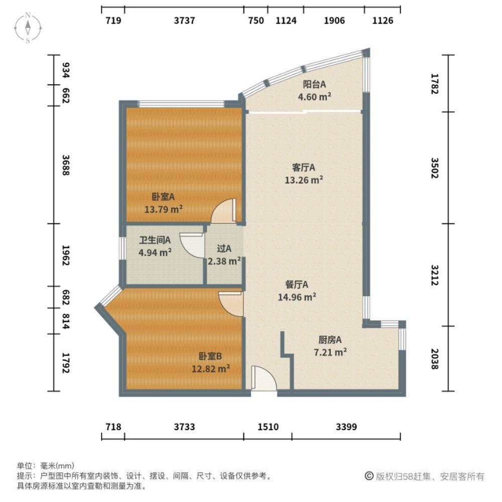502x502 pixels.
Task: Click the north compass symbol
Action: (29, 28)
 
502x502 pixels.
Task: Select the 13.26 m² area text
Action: (304, 180)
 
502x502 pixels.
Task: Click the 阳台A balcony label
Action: (314, 84)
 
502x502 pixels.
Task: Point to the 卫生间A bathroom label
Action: (155, 240)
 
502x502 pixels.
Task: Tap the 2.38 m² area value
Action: (224, 261)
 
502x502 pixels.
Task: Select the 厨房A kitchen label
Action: (330, 340)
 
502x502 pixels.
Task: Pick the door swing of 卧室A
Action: (223, 212)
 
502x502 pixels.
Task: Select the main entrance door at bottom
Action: (264, 379)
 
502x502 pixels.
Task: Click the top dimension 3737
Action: (184, 21)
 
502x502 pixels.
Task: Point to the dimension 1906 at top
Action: (334, 21)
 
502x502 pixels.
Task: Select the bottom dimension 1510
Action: (268, 427)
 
